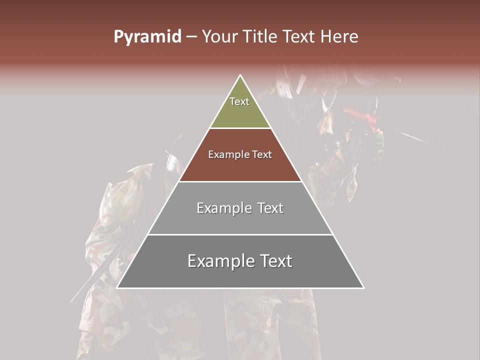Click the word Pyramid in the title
147,37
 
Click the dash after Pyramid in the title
191,37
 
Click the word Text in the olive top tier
239,101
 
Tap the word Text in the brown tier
262,154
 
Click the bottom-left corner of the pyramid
117,288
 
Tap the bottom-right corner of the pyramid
363,288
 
